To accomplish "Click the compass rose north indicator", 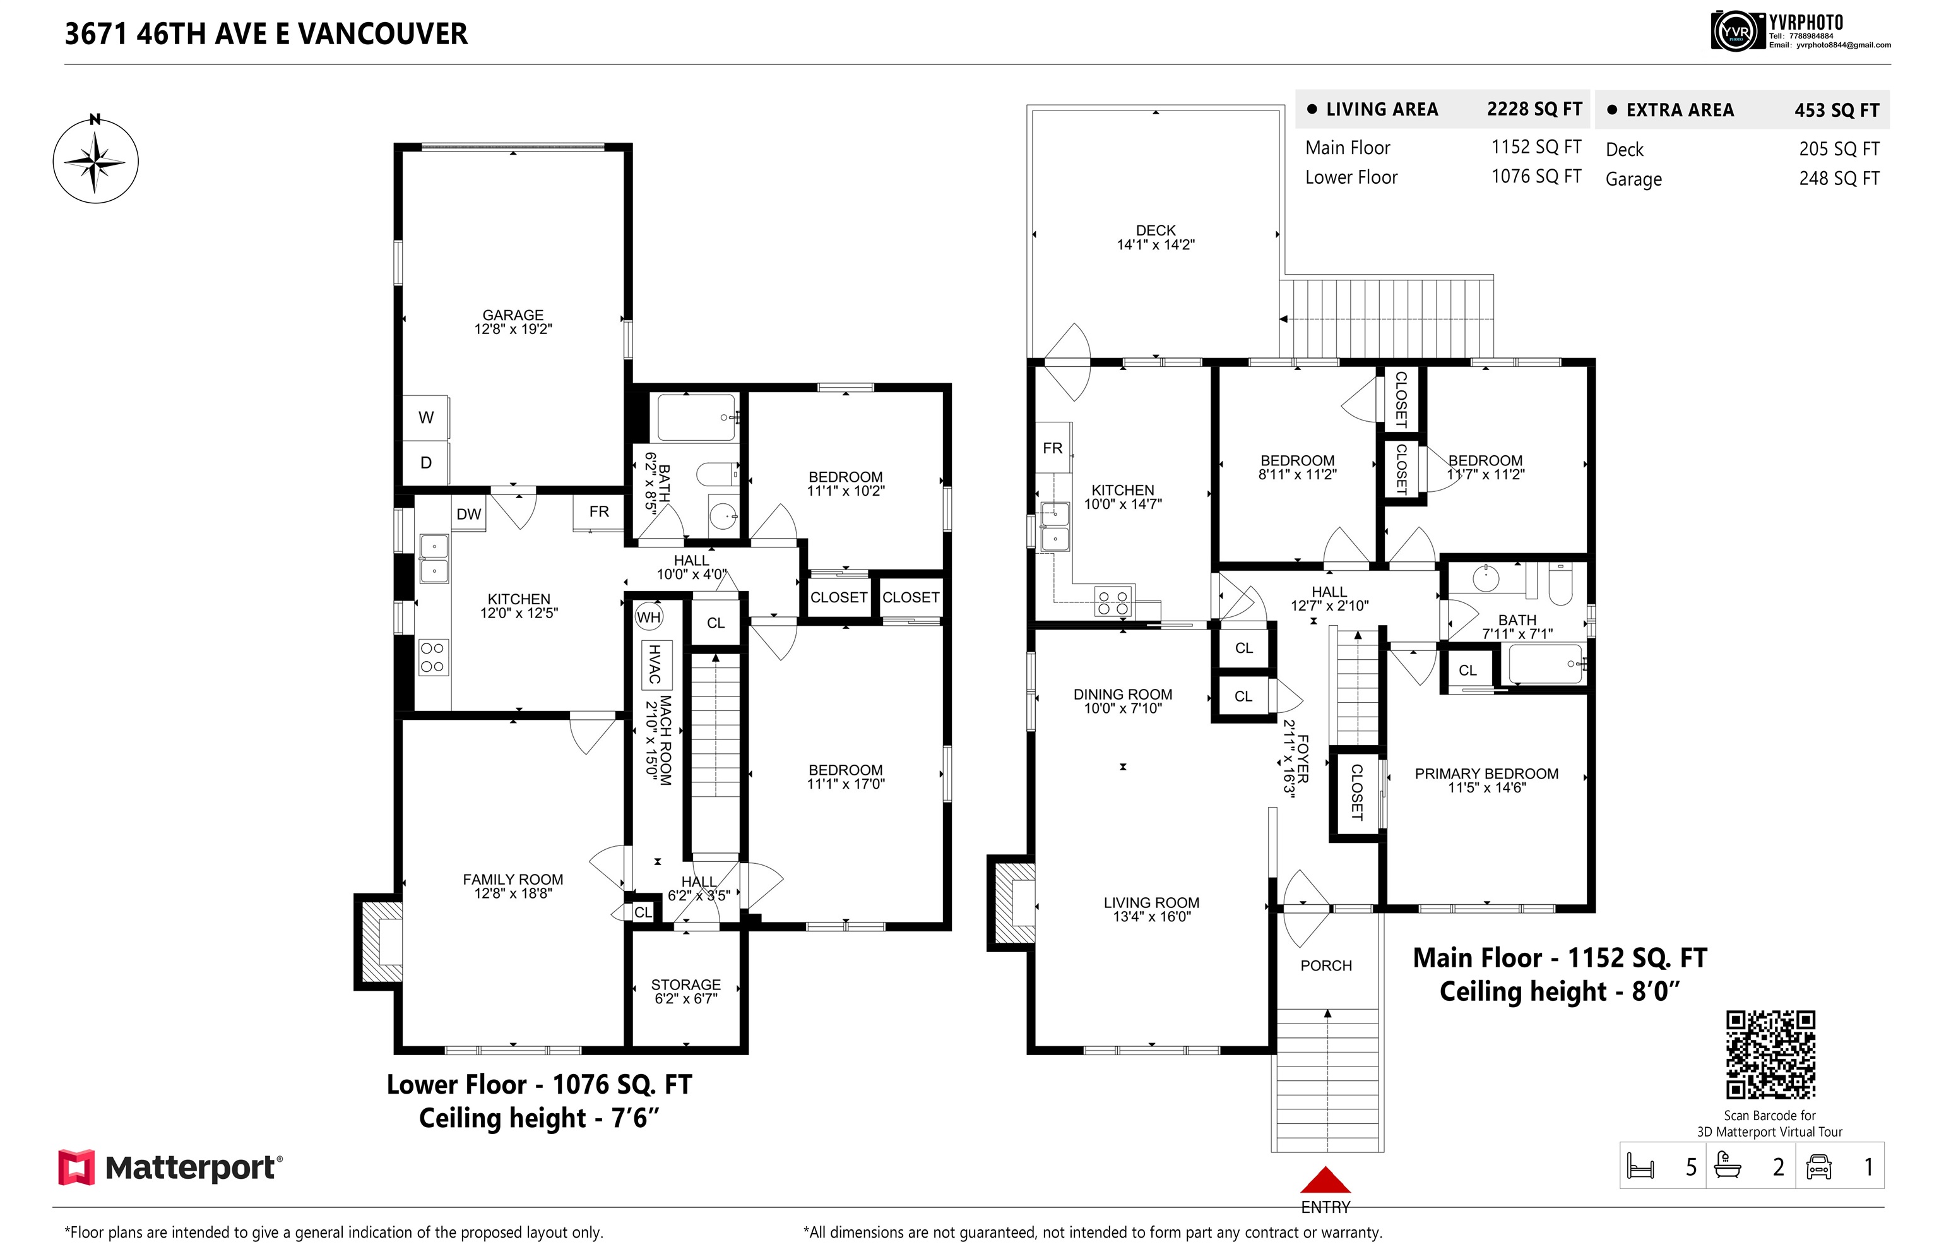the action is click(x=95, y=160).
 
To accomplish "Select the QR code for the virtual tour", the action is click(x=1770, y=1054).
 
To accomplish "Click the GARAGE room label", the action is click(x=513, y=315).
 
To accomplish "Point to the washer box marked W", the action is click(x=425, y=418).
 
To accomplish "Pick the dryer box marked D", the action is click(x=425, y=462).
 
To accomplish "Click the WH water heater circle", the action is click(x=649, y=618).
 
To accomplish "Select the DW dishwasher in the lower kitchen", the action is click(x=469, y=514).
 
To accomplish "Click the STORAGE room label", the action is click(x=685, y=984).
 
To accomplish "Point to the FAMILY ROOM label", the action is click(x=513, y=880).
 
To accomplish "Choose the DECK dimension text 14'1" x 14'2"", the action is click(x=1155, y=244).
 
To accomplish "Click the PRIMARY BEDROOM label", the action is click(x=1486, y=773).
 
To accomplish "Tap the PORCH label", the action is click(x=1326, y=965).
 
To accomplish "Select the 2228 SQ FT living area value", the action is click(x=1534, y=109).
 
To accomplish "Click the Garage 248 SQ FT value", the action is click(x=1839, y=178).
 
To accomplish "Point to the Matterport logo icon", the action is click(x=76, y=1167).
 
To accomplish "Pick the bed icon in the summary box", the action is click(x=1640, y=1166).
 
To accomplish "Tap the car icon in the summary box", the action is click(x=1818, y=1167).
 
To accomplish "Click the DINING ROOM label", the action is click(x=1122, y=695).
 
